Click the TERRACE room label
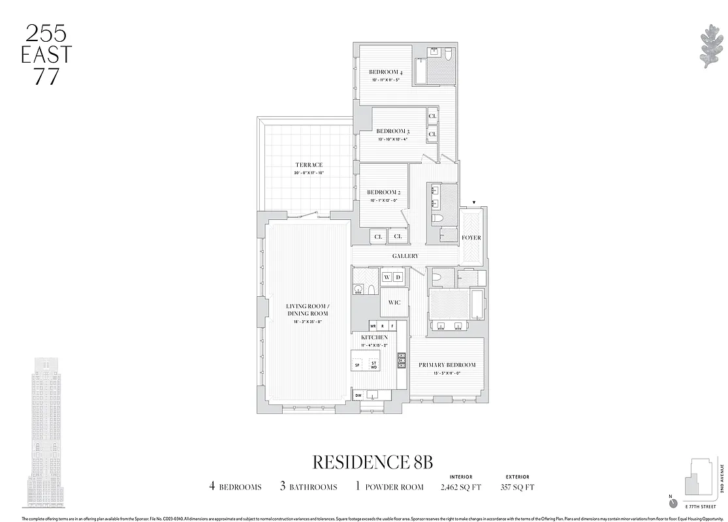308,165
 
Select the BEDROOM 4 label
385,72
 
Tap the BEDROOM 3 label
392,131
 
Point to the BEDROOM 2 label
383,192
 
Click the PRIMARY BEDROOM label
447,365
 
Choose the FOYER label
471,238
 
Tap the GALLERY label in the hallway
405,256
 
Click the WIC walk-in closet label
394,303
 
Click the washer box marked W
386,278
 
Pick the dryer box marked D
398,278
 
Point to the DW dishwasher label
358,395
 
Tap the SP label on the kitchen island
357,365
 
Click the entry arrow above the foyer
475,203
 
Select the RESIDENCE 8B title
373,462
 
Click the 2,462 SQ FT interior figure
461,487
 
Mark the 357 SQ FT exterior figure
517,487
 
